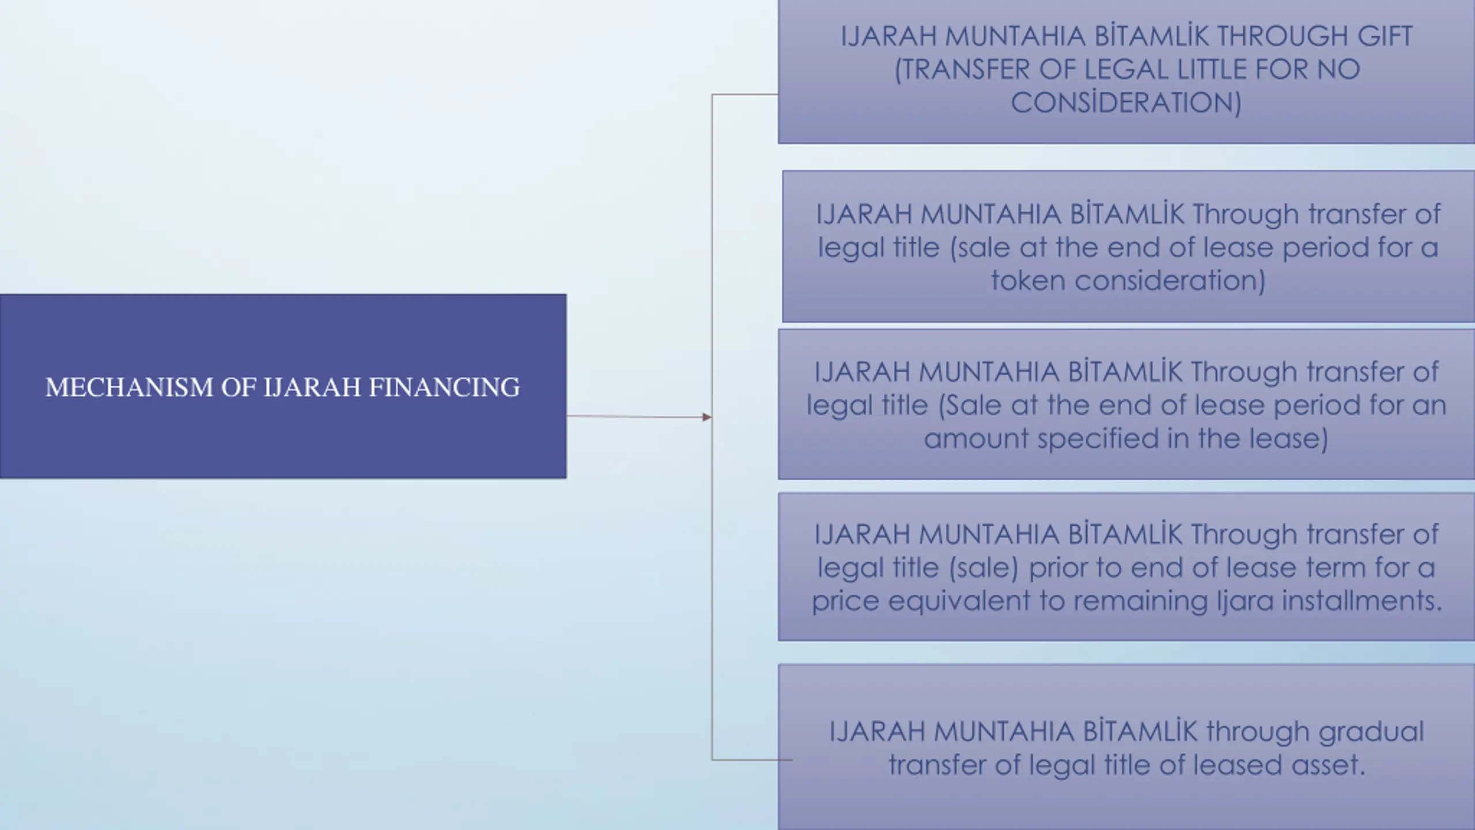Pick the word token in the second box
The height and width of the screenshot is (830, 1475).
coord(1027,281)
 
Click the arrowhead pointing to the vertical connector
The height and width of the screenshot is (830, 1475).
coord(707,417)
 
